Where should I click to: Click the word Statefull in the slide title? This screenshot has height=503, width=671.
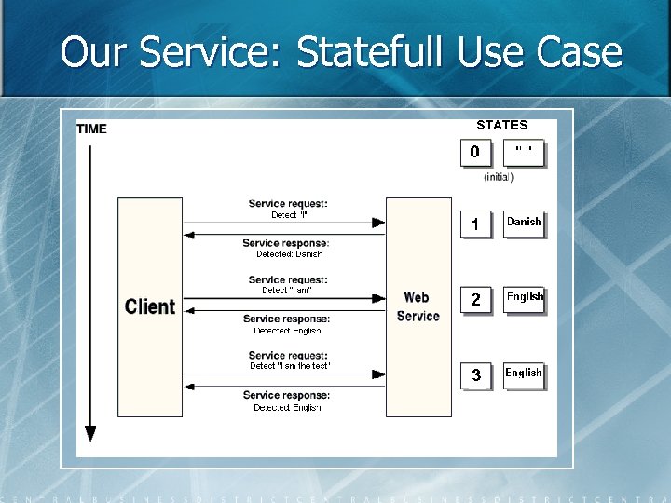372,52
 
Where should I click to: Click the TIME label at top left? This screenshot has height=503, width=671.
91,129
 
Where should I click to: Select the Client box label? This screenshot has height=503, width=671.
150,306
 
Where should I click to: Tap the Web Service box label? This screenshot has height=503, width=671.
418,306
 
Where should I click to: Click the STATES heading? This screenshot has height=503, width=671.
501,125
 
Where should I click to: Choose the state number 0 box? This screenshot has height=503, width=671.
475,152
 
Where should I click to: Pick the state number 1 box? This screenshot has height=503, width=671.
475,224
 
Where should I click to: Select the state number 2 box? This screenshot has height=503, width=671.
475,299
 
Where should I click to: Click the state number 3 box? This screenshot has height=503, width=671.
475,374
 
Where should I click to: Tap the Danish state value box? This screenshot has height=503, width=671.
524,224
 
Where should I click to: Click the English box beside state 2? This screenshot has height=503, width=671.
524,298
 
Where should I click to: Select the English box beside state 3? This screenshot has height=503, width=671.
524,374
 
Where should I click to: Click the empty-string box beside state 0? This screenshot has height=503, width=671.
524,151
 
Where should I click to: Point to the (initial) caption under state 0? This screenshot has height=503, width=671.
499,177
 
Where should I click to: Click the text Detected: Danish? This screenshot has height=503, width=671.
290,253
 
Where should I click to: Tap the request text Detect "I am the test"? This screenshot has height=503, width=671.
290,366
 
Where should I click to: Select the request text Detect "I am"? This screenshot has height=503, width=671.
287,291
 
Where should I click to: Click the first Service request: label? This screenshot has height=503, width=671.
288,204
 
